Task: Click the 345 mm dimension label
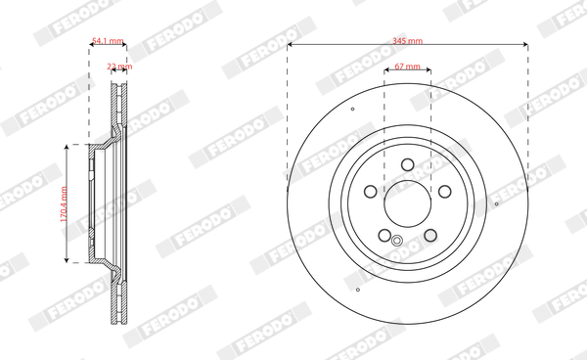[407, 40]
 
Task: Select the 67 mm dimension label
[407, 67]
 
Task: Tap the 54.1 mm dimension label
[108, 40]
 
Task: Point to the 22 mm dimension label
[119, 67]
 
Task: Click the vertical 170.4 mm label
[64, 203]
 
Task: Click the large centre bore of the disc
[408, 203]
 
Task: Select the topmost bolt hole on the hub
[408, 164]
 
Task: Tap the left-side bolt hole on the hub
[371, 192]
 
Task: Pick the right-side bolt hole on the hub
[445, 192]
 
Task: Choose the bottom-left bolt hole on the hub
[384, 236]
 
